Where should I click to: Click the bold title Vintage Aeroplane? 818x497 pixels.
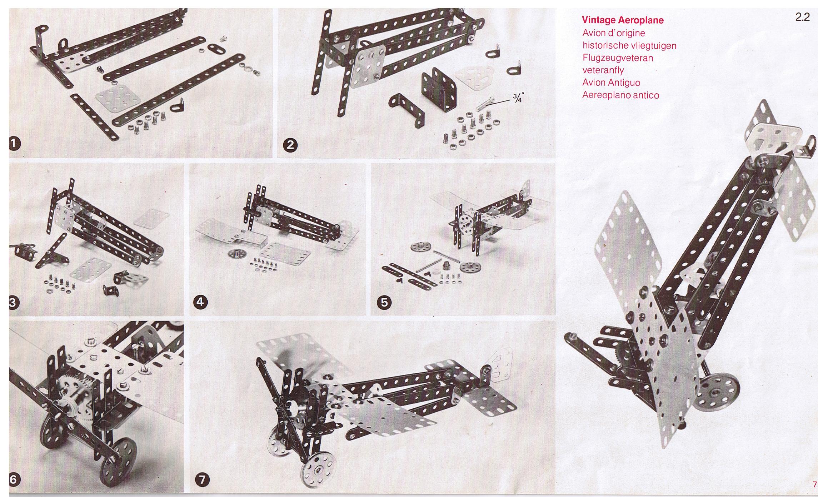[623, 20]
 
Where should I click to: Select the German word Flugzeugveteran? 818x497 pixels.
[618, 58]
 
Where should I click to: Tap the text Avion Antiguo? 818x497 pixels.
[616, 83]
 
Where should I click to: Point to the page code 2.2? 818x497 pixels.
[802, 18]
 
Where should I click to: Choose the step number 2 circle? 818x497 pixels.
[290, 145]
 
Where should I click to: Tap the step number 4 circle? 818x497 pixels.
[200, 302]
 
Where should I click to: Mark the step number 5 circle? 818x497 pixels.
[384, 303]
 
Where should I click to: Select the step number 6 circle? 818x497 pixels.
[13, 479]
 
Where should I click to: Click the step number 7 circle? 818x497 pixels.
[202, 479]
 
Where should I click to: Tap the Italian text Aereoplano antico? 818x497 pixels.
[620, 95]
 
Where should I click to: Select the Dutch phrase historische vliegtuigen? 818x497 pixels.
[629, 45]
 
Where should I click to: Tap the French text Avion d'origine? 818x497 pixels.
[613, 33]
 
